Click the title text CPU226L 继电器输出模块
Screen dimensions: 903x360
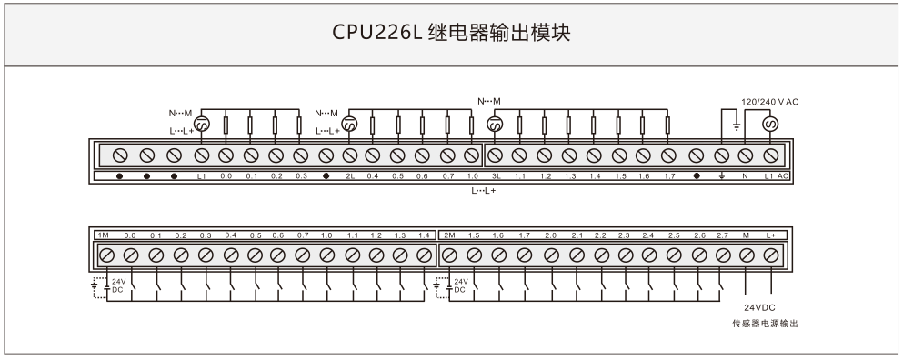(x=451, y=32)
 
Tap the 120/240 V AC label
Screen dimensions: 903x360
(x=769, y=102)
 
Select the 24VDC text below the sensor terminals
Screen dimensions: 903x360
(x=759, y=307)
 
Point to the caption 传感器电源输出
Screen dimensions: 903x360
(x=766, y=324)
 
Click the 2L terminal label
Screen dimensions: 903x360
(x=350, y=176)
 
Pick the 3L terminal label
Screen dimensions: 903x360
(x=496, y=176)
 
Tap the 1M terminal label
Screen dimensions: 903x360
(x=103, y=235)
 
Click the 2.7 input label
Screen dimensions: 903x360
(x=723, y=235)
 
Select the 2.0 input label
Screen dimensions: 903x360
(x=550, y=235)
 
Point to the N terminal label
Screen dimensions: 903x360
(x=745, y=176)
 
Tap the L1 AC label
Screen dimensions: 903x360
(x=777, y=176)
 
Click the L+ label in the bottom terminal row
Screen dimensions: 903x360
(x=771, y=235)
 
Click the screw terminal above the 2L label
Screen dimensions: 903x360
(x=349, y=155)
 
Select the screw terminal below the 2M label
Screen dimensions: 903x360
(x=450, y=255)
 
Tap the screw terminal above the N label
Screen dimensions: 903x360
(x=745, y=155)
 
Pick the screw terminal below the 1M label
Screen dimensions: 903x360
(x=106, y=255)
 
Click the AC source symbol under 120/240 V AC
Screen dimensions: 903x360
(x=770, y=124)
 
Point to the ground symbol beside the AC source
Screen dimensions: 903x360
(x=736, y=126)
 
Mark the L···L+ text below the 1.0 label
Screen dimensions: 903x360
(x=484, y=191)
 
